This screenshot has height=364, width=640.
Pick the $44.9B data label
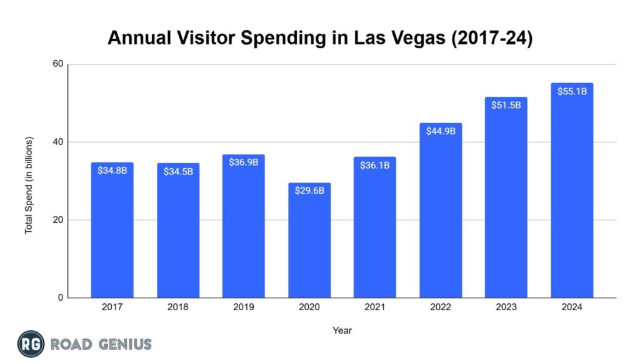[441, 131]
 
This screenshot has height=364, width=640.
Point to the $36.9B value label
[243, 162]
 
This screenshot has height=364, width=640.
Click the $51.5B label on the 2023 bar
[506, 104]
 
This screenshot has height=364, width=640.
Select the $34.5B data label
[178, 171]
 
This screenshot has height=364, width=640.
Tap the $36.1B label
[375, 164]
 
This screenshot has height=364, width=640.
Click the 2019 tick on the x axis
[243, 307]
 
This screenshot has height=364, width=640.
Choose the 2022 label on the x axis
[441, 307]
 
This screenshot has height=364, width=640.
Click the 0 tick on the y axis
[59, 298]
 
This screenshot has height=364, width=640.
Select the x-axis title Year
[342, 330]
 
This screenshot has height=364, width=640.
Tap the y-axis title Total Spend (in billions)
[29, 186]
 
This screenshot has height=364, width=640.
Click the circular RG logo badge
[29, 344]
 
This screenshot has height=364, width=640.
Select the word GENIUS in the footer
[123, 344]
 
